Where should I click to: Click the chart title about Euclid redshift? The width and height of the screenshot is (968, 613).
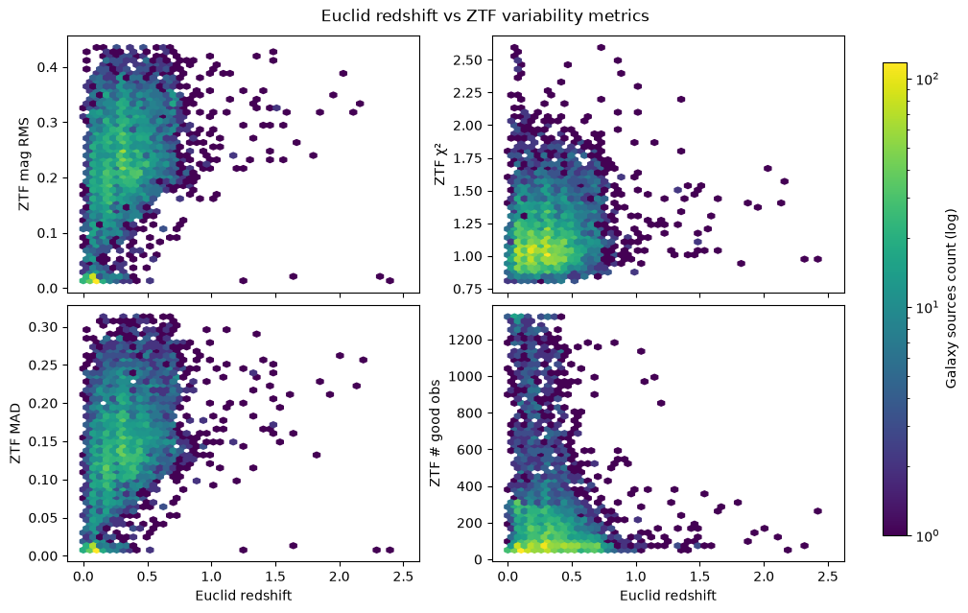click(484, 16)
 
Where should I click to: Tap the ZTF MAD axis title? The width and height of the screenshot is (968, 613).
click(15, 434)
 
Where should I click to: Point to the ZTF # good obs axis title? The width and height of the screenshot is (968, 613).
click(436, 433)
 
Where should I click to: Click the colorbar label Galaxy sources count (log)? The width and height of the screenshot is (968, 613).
click(951, 298)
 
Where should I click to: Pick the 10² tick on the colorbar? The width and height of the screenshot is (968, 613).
click(925, 78)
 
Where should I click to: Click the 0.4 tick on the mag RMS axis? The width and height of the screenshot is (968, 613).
click(49, 66)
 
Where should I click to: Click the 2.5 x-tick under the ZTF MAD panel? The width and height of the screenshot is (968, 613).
click(403, 577)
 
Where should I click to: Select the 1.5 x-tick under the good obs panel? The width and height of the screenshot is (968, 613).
click(700, 577)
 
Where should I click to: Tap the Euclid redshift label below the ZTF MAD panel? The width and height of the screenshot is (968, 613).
click(244, 595)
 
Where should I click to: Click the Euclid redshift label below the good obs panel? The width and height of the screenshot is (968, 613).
click(668, 595)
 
